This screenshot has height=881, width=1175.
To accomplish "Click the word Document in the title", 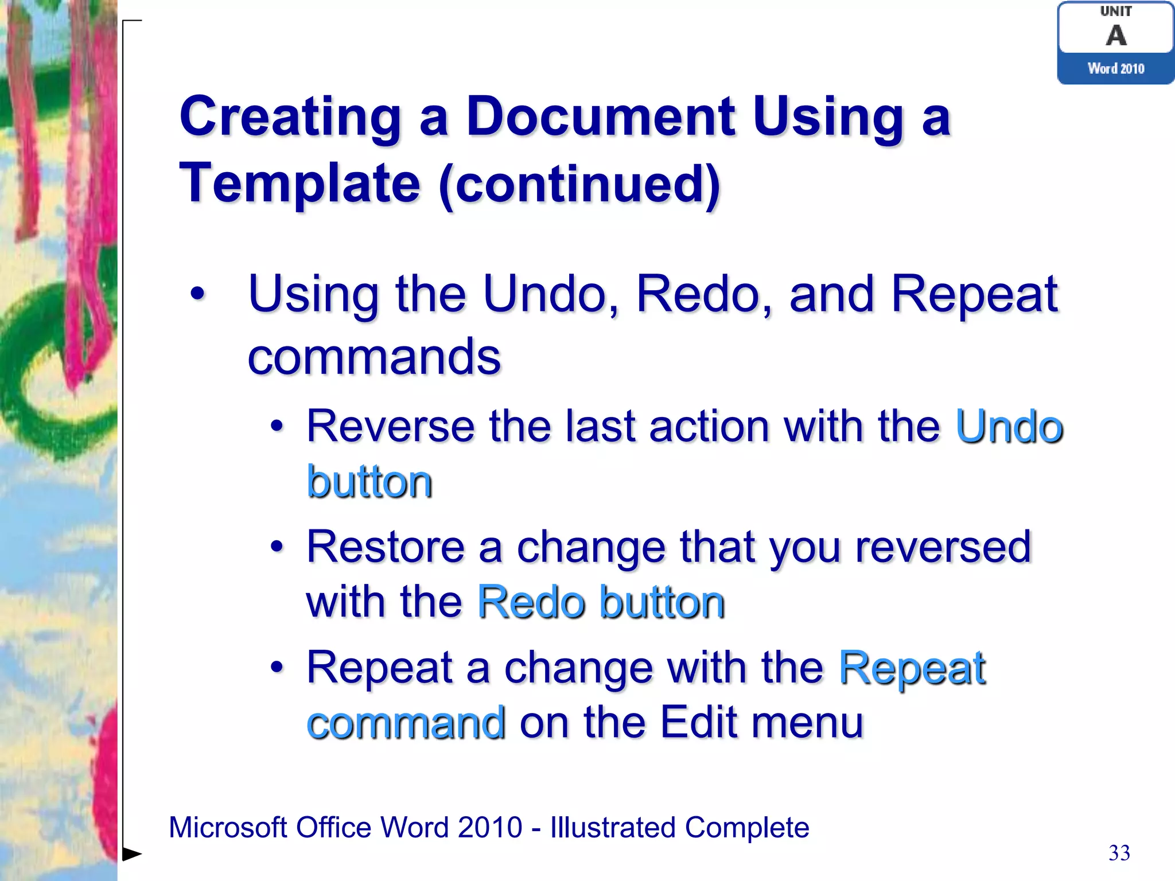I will coord(601,116).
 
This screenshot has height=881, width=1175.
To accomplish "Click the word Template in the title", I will coord(300,184).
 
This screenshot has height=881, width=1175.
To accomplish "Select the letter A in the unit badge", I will coord(1116,36).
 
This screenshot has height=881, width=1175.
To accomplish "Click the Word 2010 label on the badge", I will coord(1116,69).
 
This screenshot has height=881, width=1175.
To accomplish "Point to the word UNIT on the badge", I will coord(1116,11).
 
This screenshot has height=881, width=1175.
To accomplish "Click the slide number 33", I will coord(1119,853).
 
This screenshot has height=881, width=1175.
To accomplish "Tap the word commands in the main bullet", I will coord(374,357).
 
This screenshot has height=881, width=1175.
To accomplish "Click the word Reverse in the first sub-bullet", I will coord(391,427).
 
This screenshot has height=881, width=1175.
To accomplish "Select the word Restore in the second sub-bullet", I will coord(386,547).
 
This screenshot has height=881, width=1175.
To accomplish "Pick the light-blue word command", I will coord(406,723).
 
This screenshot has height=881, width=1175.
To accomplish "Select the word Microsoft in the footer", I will coord(228,828).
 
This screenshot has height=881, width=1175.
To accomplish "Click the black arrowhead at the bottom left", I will coord(132,854).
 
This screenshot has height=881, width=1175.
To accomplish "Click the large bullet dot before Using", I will coord(197,294).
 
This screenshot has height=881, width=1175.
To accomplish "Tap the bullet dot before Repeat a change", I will coord(277,668).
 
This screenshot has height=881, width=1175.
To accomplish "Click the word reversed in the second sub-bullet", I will coord(943,547).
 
